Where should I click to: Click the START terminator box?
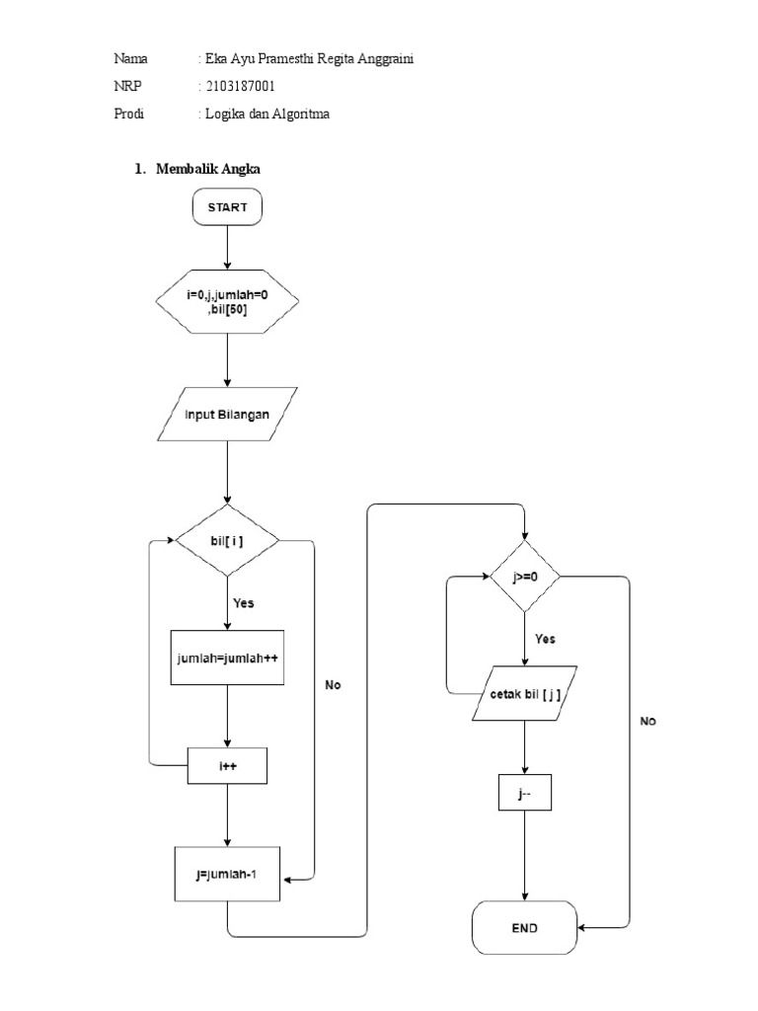coord(227,206)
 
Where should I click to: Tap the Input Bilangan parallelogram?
coord(227,416)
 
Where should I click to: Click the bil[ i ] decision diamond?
coord(227,540)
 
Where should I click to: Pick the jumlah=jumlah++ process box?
coord(227,657)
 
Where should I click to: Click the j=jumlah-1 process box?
coord(227,873)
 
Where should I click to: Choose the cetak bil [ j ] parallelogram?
coord(523,694)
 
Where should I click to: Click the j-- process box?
coord(523,794)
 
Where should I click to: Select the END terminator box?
coord(523,928)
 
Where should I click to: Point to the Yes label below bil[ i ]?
coord(243,602)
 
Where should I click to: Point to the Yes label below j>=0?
coord(545,639)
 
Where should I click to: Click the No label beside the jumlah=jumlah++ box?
coord(333,684)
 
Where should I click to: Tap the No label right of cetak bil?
coord(647,722)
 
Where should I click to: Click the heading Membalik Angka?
coord(204,169)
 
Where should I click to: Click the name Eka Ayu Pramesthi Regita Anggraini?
coord(307,59)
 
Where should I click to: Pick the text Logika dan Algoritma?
coord(266,115)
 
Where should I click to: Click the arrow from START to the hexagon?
coord(227,246)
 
